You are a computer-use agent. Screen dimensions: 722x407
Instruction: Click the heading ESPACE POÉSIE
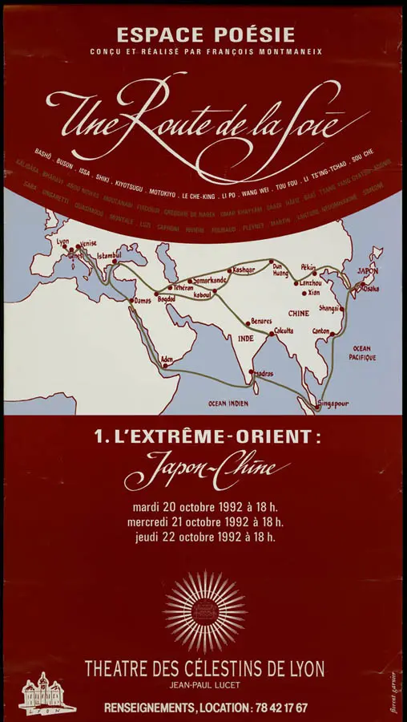pos(205,35)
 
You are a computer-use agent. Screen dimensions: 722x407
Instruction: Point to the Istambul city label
pos(108,256)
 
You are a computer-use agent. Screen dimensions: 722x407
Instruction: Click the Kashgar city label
pos(244,270)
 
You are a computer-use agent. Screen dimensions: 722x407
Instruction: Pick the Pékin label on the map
pos(308,267)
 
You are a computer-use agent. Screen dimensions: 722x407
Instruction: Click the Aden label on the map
pos(167,359)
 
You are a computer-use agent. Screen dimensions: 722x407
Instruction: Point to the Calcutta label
pos(284,331)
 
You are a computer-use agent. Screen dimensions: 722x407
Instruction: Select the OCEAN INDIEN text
pos(229,403)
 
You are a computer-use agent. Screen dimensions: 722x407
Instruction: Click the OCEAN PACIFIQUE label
pos(362,352)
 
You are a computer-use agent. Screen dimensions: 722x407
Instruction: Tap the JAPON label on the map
pos(366,271)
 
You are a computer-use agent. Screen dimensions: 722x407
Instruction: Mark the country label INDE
pos(245,339)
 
